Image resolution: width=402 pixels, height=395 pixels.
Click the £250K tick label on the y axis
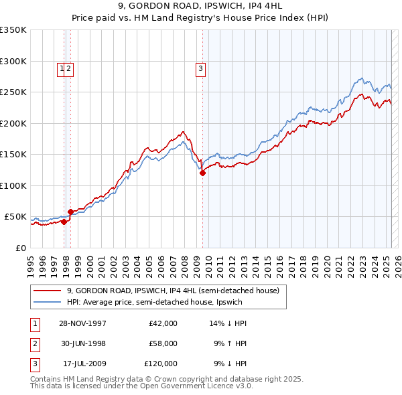tap(13, 92)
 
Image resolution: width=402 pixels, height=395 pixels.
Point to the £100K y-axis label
tap(13, 185)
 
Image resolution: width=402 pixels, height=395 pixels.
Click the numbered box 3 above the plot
tap(200, 67)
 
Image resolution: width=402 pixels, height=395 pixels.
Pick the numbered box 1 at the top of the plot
tap(62, 67)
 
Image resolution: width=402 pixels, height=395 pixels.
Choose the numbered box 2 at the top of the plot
tap(69, 67)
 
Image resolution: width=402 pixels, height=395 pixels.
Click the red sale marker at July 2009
tap(202, 173)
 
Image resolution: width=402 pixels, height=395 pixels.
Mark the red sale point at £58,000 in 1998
tap(70, 212)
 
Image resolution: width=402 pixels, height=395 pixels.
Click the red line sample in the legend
tap(47, 291)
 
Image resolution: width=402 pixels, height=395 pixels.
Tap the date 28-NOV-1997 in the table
tap(82, 323)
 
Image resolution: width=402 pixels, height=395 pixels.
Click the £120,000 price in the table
tap(161, 364)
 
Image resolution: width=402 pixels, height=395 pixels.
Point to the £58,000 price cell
tap(163, 343)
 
